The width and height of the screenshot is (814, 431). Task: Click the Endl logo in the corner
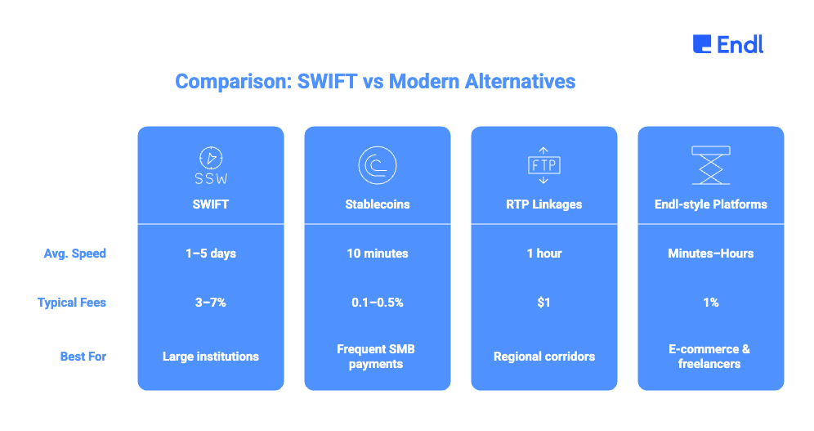tap(728, 44)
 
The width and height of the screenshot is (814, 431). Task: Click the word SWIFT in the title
tap(327, 82)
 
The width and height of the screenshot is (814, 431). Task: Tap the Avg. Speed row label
tap(74, 254)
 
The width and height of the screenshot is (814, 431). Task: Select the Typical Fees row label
tap(72, 303)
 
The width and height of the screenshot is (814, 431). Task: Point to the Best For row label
tap(83, 357)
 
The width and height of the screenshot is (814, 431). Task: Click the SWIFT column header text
tap(211, 204)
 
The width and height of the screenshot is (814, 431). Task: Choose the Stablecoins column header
tap(378, 204)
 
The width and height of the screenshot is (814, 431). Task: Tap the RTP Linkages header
tap(544, 204)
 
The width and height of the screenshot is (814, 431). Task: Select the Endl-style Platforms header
tap(711, 204)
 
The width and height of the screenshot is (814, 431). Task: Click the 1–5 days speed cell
tap(211, 254)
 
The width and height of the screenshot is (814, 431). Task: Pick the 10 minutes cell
tap(378, 254)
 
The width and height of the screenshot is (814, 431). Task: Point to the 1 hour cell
tap(544, 254)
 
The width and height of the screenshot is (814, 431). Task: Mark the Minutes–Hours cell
tap(711, 254)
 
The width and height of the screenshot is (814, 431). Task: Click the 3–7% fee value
tap(211, 303)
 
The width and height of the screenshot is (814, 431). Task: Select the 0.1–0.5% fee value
tap(378, 303)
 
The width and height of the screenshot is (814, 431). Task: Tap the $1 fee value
tap(544, 303)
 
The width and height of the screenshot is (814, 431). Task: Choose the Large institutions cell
tap(211, 357)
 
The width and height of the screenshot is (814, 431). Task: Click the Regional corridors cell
tap(544, 357)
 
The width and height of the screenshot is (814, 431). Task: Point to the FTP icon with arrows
tap(544, 165)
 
